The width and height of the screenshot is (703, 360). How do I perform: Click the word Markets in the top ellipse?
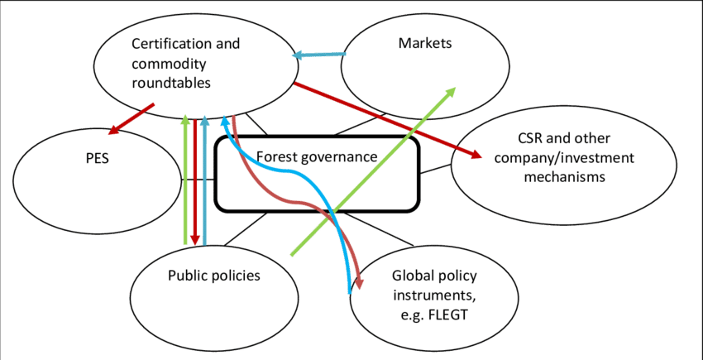425,43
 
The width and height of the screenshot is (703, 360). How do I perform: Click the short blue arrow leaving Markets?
318,55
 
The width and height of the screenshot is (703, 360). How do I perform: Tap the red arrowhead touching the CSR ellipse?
478,154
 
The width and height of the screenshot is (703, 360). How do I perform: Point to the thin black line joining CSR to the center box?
437,170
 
